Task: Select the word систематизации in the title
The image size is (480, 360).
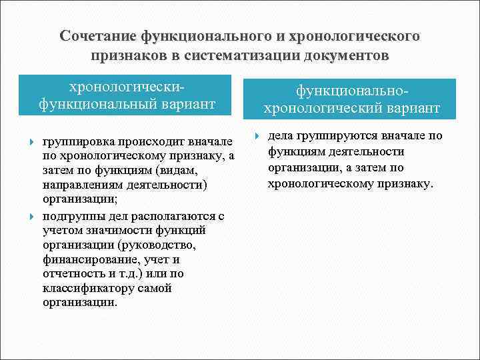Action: (243, 55)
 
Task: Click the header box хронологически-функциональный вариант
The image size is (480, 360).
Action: (127, 95)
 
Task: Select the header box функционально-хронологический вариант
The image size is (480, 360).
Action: (351, 99)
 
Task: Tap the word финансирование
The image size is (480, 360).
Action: (83, 259)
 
